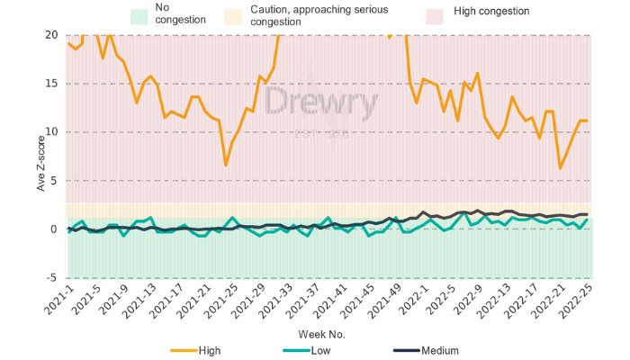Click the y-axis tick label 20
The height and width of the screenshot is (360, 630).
[x=52, y=35]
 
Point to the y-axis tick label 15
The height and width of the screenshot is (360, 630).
[x=52, y=84]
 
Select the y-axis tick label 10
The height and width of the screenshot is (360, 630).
[x=52, y=132]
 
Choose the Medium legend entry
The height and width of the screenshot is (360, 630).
[x=439, y=350]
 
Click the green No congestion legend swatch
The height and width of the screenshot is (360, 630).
[x=139, y=15]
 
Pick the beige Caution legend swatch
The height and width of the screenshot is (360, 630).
[x=254, y=15]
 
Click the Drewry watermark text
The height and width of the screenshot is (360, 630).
[x=319, y=103]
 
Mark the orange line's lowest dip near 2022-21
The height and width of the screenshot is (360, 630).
[x=561, y=168]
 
